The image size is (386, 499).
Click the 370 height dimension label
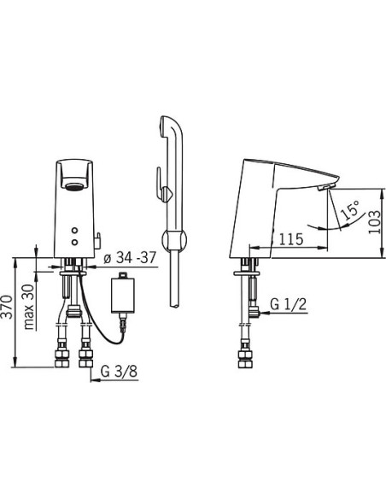point(8,307)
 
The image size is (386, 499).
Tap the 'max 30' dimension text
point(29,307)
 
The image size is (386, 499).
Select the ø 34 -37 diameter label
point(131,257)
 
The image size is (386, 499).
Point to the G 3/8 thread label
point(120,371)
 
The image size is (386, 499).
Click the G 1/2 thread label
point(289,304)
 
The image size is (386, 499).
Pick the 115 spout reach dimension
point(291,239)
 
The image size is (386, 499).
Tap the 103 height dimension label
point(374,221)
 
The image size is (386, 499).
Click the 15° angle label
point(350,210)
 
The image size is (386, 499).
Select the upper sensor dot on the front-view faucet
point(74,231)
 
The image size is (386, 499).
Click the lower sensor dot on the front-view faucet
point(74,243)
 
